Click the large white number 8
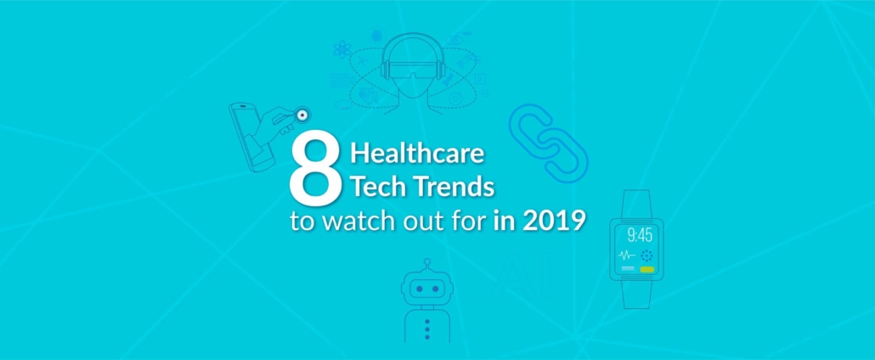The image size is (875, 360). click(314, 170)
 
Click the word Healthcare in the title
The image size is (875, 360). click(417, 154)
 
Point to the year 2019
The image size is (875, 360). click(554, 221)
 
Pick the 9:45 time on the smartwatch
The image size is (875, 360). click(640, 235)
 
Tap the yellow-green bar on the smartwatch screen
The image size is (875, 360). click(646, 269)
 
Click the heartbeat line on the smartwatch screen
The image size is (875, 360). click(627, 256)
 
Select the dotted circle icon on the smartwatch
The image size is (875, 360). click(646, 256)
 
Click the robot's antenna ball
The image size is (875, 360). click(427, 262)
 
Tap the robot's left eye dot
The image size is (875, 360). click(419, 290)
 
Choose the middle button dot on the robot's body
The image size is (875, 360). click(427, 329)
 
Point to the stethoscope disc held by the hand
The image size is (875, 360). click(302, 115)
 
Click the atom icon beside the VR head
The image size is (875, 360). click(342, 50)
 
